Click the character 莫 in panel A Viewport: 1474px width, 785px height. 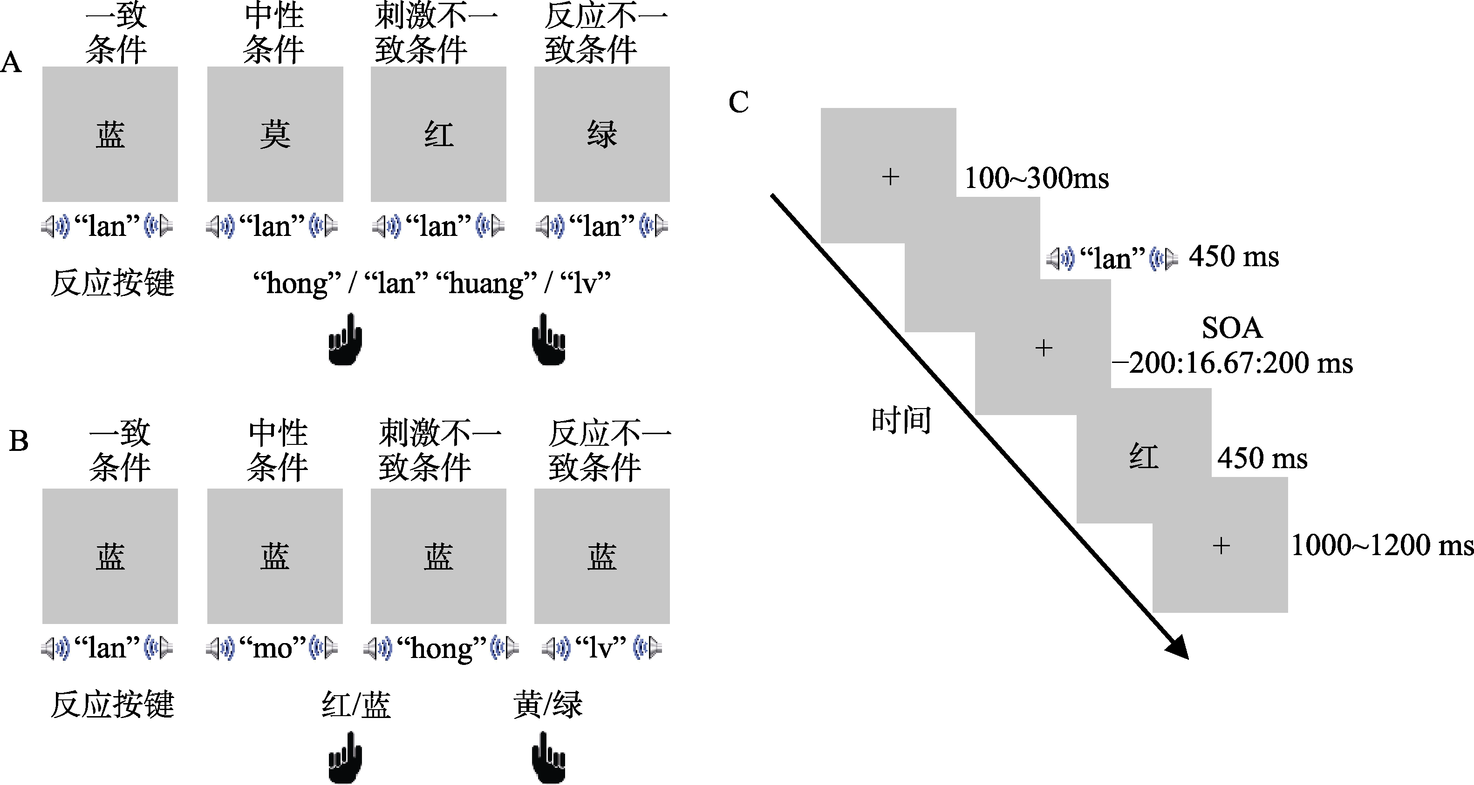click(275, 135)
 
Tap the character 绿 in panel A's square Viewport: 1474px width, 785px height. click(602, 135)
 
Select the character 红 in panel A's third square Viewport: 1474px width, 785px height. click(438, 135)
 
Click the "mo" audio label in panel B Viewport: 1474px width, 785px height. click(273, 648)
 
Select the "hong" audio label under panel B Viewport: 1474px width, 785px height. click(441, 648)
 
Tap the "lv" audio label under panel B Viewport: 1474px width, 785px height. click(601, 648)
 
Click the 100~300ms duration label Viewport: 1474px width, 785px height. click(1036, 178)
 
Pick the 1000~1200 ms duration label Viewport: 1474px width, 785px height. click(1381, 545)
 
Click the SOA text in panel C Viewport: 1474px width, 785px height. click(1231, 328)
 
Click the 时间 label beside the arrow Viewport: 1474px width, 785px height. click(901, 420)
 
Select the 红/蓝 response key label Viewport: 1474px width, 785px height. click(356, 704)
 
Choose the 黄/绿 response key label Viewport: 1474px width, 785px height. click(547, 704)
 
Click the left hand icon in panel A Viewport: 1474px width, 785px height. click(345, 339)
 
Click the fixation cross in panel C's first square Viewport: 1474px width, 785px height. click(890, 177)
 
